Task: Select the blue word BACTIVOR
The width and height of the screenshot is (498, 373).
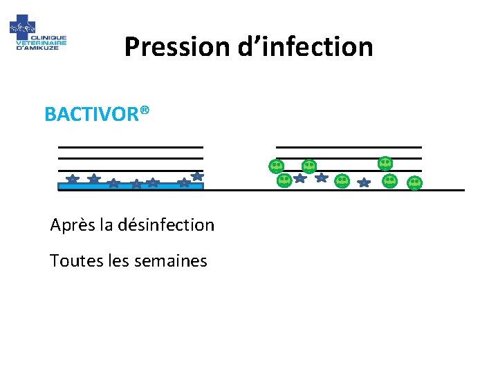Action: pos(91,114)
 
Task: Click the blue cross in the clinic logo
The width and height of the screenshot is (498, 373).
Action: pos(21,28)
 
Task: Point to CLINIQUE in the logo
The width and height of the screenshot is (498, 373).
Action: pos(50,37)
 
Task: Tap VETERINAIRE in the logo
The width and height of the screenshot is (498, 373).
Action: pos(41,42)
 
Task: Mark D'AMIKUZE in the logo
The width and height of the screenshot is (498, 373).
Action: pos(41,48)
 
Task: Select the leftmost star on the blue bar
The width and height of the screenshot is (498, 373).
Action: pos(72,179)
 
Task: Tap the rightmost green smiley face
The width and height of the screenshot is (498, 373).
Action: pos(414,182)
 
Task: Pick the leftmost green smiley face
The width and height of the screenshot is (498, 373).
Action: pos(276,166)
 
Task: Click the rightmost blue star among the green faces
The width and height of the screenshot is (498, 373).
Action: pos(365,183)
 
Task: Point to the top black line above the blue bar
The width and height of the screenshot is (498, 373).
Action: pos(130,147)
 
